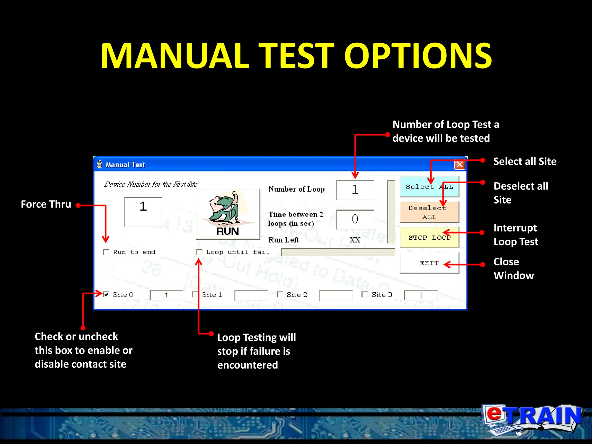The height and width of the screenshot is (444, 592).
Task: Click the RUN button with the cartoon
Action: click(228, 214)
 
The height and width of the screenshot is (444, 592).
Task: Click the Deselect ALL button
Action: click(429, 212)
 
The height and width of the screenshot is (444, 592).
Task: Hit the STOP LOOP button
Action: click(429, 238)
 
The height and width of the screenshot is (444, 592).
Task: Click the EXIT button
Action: click(429, 263)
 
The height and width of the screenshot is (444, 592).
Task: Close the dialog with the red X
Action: click(459, 164)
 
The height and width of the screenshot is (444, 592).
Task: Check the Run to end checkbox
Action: click(106, 252)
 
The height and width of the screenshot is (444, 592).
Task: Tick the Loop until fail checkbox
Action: click(199, 252)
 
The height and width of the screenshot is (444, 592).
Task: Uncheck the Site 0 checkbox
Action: click(106, 295)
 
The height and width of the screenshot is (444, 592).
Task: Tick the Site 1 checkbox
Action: click(195, 295)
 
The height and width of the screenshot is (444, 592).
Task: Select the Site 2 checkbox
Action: click(280, 295)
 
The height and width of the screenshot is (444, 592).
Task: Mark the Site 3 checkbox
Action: click(365, 295)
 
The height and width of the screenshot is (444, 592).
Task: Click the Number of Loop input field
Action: click(355, 190)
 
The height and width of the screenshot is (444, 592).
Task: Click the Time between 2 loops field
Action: click(355, 219)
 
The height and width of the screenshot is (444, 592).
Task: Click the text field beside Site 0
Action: click(166, 295)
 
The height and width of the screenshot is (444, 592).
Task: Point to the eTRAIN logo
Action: click(532, 419)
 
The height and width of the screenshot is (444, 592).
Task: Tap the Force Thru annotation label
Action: click(46, 204)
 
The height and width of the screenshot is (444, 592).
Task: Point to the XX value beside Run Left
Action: click(355, 240)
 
